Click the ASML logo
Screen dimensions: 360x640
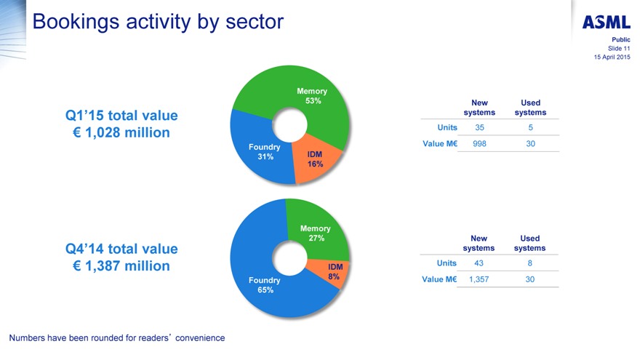(x=606, y=23)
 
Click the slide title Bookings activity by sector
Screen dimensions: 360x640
(x=158, y=22)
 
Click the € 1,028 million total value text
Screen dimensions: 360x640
(x=121, y=132)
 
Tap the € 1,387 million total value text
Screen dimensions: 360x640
(x=121, y=266)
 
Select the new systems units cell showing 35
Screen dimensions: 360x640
(x=479, y=127)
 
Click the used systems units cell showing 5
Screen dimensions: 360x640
(x=530, y=127)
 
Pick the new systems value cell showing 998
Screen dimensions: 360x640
(x=479, y=144)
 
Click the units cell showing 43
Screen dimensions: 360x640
(x=479, y=263)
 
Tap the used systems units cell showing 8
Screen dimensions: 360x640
(x=530, y=263)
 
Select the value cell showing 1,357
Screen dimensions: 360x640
(x=479, y=279)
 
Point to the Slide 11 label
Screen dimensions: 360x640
(x=619, y=48)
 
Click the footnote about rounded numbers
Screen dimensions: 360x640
(x=117, y=337)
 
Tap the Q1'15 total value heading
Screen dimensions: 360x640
(x=121, y=115)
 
